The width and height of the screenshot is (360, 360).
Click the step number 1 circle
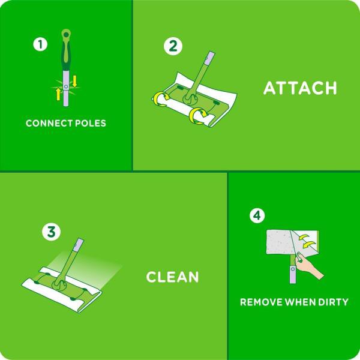coord(40,44)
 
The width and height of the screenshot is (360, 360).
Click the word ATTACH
coord(300,88)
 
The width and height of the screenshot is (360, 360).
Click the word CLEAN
coord(173,277)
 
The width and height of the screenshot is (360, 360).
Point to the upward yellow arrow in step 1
coord(58,94)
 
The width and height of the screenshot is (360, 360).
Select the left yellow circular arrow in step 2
coord(160,98)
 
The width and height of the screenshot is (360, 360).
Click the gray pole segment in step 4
coord(292,275)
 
